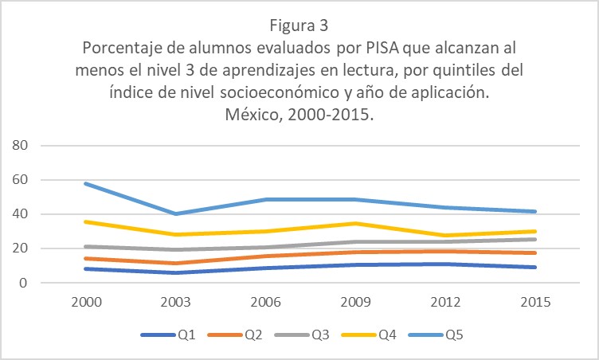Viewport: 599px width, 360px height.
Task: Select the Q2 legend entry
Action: (x=241, y=335)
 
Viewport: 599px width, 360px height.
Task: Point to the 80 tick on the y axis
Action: (x=20, y=146)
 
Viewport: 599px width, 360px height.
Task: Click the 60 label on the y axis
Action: (x=20, y=180)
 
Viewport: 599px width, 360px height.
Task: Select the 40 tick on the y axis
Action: (x=20, y=214)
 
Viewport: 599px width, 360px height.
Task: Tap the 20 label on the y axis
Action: (x=20, y=248)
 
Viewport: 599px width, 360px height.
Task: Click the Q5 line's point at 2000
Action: (x=84, y=183)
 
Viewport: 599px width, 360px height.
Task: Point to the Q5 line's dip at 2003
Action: (x=175, y=213)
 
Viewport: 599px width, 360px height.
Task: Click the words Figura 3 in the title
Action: (x=299, y=24)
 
